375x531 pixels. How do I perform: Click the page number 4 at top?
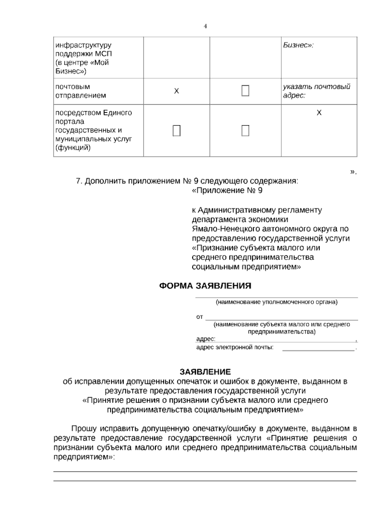205,27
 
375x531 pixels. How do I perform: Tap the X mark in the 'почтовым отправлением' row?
177,91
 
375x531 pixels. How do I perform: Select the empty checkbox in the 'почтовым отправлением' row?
245,91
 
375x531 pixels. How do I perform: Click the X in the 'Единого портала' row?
319,113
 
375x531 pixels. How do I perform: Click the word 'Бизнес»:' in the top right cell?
298,45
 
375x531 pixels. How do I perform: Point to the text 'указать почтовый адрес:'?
316,91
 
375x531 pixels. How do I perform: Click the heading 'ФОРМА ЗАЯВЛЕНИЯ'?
205,286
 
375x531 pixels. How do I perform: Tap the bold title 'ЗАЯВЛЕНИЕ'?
205,372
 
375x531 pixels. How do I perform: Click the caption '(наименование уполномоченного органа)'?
277,302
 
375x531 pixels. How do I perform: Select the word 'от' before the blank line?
200,317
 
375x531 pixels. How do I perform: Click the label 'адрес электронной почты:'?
235,347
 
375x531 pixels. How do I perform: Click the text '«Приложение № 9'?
227,190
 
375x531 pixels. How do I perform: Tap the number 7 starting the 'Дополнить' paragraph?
78,181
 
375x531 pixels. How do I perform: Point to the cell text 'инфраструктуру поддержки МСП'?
83,50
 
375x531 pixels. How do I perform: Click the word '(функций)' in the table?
73,148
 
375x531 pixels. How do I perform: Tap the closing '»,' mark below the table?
353,172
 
